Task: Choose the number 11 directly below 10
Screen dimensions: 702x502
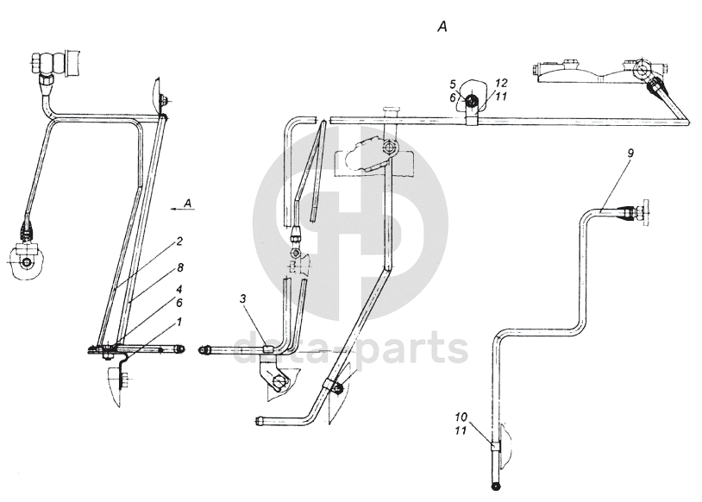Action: point(462,429)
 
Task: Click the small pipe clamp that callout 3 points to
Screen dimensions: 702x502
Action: point(267,348)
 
